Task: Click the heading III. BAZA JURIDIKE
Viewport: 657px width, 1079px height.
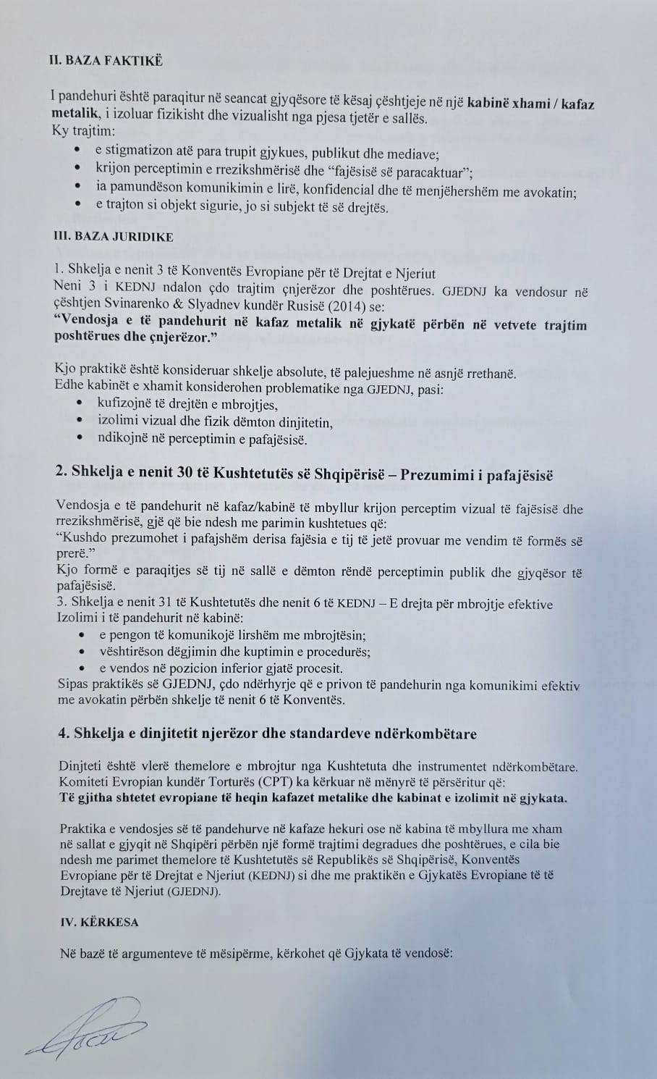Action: (x=114, y=236)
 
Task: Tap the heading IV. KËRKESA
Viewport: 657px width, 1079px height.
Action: (x=99, y=923)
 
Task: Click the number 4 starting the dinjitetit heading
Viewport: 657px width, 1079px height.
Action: (x=62, y=734)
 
